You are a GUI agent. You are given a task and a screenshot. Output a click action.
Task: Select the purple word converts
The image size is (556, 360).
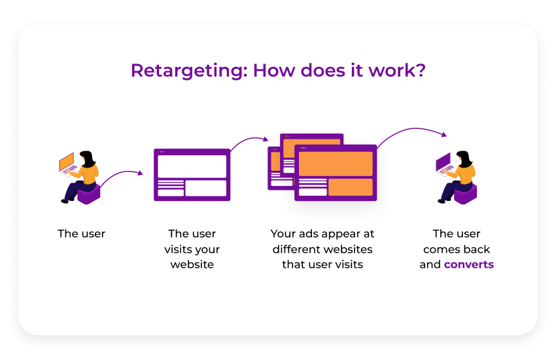pos(468,265)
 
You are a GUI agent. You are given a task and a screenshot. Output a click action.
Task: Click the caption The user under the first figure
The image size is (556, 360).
pos(82,234)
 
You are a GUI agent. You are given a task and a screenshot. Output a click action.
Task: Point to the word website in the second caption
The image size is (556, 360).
pos(192,265)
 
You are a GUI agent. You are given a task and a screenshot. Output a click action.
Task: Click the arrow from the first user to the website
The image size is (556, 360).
pos(121,175)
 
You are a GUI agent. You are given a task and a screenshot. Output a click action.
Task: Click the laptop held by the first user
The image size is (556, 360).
pos(67,163)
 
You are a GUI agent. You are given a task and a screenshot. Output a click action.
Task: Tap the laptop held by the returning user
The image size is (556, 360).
pos(445,163)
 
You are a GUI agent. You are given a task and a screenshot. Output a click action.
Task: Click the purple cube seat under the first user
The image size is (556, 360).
pos(88,194)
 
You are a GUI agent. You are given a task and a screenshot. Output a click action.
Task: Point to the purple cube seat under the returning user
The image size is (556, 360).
pos(466,194)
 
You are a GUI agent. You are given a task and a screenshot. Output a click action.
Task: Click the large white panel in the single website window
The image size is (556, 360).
pos(192,166)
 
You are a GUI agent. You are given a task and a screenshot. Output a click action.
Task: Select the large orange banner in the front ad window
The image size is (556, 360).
pos(336,164)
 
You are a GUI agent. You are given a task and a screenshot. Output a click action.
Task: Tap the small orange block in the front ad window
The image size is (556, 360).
pos(350,187)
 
